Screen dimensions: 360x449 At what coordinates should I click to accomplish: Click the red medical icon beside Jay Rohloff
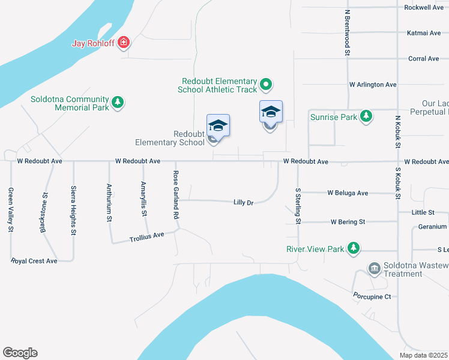(124, 43)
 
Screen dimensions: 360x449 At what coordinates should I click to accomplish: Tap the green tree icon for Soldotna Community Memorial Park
(118, 103)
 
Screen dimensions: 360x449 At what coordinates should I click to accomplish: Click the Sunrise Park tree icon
(366, 116)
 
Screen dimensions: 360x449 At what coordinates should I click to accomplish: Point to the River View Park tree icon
(354, 248)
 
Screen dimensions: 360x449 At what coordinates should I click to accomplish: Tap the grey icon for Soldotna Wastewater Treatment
(375, 267)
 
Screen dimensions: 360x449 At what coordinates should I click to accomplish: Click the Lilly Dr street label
(243, 203)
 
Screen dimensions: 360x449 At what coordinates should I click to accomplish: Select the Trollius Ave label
(146, 238)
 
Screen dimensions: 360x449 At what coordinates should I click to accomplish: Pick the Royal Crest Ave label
(34, 261)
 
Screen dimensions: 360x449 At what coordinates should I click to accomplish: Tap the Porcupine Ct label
(371, 296)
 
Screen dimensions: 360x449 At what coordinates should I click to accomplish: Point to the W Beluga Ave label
(348, 193)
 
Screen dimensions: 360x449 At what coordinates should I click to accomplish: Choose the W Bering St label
(348, 222)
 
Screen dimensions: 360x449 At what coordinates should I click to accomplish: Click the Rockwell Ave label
(424, 8)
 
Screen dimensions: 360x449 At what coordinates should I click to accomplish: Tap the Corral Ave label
(423, 59)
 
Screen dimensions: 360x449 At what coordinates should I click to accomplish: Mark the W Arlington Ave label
(373, 85)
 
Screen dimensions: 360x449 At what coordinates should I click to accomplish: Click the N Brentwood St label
(347, 32)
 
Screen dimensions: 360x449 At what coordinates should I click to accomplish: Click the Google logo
(20, 353)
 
